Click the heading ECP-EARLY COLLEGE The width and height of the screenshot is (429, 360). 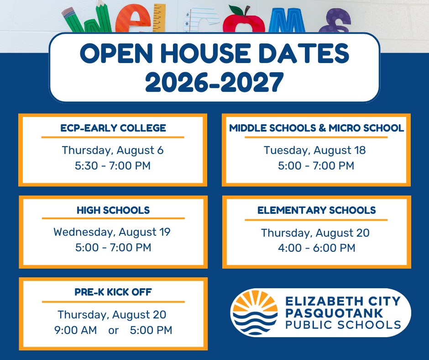(113, 128)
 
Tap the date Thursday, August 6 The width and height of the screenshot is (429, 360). (113, 150)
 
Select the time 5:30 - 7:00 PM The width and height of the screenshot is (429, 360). (113, 166)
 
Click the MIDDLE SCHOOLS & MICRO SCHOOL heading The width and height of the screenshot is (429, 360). (316, 128)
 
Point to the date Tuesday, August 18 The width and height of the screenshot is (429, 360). (314, 150)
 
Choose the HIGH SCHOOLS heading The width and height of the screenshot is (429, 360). (113, 210)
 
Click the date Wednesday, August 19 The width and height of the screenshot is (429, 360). (112, 232)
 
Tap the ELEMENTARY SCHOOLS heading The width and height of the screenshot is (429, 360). (317, 210)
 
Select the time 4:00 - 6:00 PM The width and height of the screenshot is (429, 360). (317, 248)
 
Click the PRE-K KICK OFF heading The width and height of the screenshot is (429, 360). (113, 292)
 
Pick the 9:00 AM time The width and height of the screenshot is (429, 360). (75, 330)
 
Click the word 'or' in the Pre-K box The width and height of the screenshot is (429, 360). (113, 331)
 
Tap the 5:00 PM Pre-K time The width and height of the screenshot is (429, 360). (151, 330)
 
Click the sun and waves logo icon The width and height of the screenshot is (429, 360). (254, 312)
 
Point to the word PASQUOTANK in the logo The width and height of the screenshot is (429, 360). (334, 313)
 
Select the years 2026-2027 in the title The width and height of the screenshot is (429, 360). (214, 82)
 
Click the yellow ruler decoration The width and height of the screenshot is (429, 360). (159, 17)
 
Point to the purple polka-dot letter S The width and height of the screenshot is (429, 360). (335, 21)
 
